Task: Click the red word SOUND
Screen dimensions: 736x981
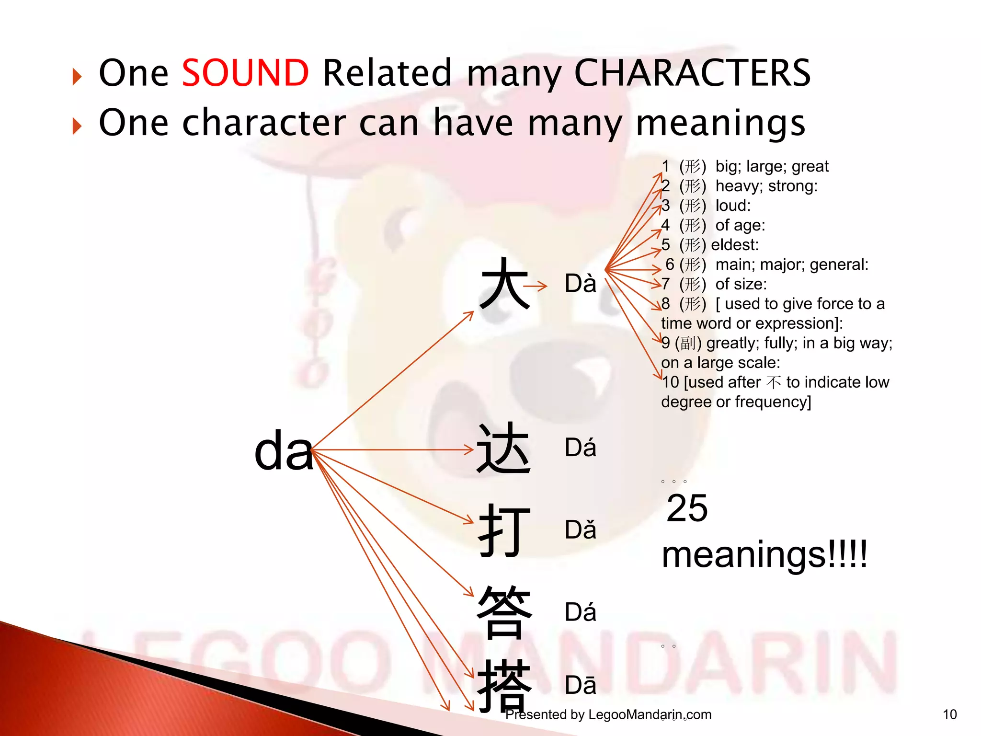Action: [245, 73]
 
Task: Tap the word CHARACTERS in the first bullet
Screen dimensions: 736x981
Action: [692, 73]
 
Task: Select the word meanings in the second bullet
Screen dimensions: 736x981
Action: [720, 124]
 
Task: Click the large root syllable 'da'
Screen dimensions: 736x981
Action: [284, 451]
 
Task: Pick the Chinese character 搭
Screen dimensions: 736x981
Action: [504, 685]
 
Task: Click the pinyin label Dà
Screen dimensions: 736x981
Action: [580, 284]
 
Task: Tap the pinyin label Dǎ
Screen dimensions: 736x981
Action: [580, 530]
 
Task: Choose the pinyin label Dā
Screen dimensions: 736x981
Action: [580, 685]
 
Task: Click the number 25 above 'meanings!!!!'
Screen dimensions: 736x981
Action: [687, 508]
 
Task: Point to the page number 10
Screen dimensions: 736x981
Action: [949, 714]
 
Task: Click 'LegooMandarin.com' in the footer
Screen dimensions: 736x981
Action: [650, 714]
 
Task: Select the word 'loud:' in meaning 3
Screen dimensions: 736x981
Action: [733, 206]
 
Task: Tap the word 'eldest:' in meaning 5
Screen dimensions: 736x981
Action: [735, 245]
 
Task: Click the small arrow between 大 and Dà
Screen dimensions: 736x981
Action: [535, 287]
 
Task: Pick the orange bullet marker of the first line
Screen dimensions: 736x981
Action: [77, 76]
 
